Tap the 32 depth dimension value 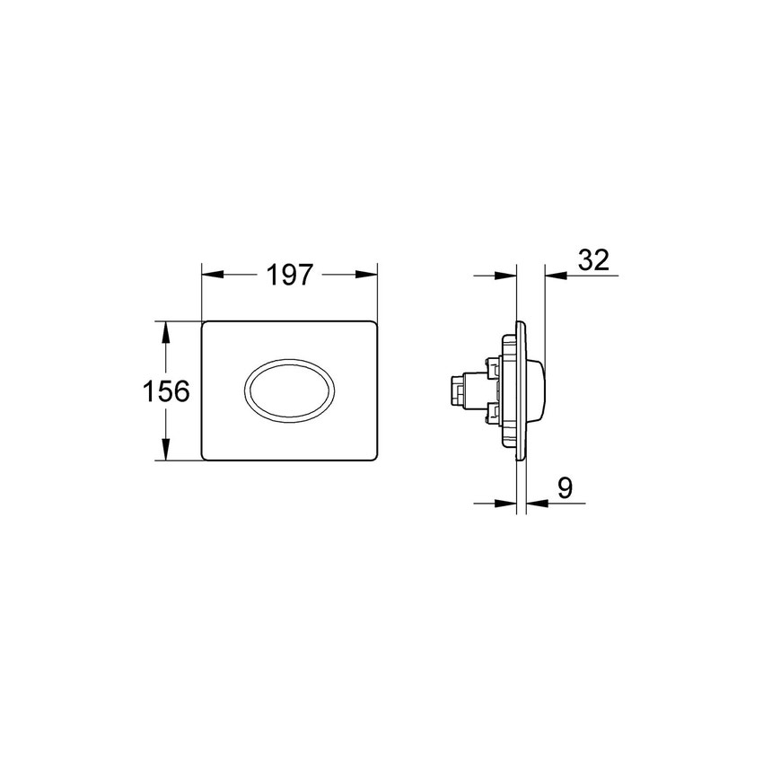593,260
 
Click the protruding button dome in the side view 537,391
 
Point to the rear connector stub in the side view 453,392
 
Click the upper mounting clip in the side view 492,367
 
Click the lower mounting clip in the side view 492,416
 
